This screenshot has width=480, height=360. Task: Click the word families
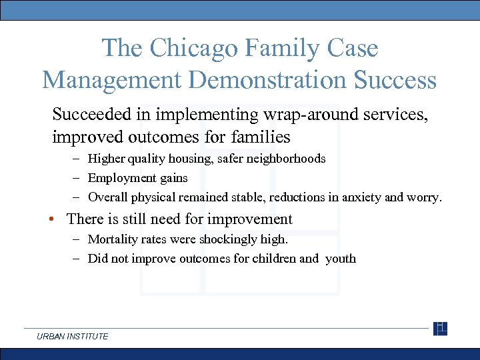point(261,137)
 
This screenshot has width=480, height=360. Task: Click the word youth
point(341,259)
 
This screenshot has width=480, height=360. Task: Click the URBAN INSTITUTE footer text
point(73,337)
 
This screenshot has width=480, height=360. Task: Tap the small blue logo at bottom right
point(440,329)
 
